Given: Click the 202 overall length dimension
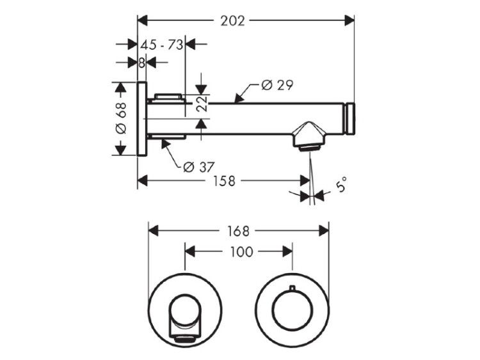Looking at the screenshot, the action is click(233, 21).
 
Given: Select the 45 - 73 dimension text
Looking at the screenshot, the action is click(162, 45).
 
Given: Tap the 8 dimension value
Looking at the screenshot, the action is click(141, 63).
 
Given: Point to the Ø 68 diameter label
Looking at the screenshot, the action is click(121, 118).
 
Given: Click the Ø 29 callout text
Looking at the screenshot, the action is click(277, 85).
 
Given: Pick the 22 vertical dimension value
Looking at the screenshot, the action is click(202, 104).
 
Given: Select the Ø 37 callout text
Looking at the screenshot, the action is click(199, 167).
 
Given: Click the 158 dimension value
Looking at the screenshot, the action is click(225, 181).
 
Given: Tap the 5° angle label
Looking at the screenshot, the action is click(341, 184).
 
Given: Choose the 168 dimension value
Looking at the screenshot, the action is click(238, 231).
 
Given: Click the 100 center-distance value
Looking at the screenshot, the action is click(241, 252).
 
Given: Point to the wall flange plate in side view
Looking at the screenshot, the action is click(141, 119).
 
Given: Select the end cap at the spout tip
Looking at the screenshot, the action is click(350, 119).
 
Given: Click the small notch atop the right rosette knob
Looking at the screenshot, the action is click(292, 288).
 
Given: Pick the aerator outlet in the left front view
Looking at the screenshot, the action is click(184, 339).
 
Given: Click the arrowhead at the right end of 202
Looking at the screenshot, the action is click(349, 21).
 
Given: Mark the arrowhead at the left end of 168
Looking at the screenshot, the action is click(154, 231).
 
